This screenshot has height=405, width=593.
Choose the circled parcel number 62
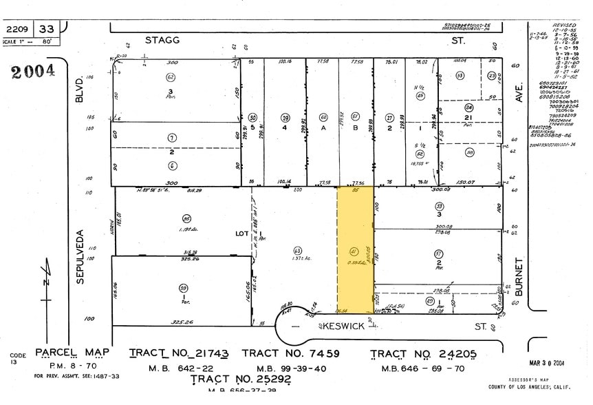coord(170,77)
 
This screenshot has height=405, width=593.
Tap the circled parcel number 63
coord(297,251)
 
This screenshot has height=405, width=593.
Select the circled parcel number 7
coord(172,138)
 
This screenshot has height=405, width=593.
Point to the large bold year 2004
coord(33,71)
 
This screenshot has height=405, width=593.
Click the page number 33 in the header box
coord(47,29)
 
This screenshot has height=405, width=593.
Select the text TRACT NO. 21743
coord(179,353)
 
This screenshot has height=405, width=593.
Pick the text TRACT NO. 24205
coord(423,354)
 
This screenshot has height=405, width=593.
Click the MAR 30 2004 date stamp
coord(547,362)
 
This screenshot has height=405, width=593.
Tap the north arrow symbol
coord(47,282)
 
